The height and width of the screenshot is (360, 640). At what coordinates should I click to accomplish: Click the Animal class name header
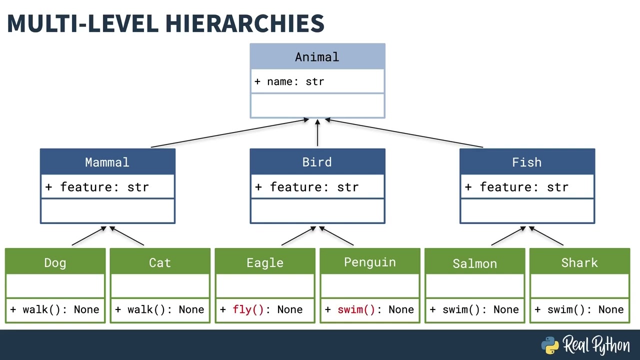tap(317, 57)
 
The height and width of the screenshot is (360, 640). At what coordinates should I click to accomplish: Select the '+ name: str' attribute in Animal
tap(289, 81)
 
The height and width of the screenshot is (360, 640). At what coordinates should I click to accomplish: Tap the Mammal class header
tap(107, 162)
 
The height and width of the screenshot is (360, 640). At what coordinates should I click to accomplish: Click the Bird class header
tap(317, 162)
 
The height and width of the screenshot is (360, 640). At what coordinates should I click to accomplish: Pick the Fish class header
tap(527, 162)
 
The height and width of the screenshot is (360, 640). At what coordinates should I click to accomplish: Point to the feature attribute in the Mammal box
tap(97, 187)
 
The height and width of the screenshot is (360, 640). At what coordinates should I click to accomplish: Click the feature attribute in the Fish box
tap(517, 187)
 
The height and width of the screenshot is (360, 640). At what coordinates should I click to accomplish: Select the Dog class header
tap(55, 262)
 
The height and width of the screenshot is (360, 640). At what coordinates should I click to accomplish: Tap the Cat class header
tap(160, 262)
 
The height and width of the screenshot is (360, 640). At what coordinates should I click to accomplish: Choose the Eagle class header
tap(265, 262)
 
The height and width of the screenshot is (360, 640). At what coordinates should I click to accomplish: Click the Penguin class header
tap(370, 262)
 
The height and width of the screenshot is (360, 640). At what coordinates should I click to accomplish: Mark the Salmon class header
tap(475, 263)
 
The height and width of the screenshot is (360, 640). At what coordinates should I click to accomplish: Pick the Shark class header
tap(579, 262)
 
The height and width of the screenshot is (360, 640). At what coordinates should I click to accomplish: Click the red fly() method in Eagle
tap(248, 309)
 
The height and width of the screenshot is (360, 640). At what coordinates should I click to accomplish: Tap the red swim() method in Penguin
tap(356, 309)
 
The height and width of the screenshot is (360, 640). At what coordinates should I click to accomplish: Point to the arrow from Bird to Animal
tap(317, 133)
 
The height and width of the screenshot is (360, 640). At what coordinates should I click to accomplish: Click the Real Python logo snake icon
tap(550, 345)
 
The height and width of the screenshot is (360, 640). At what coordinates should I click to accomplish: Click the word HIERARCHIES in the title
tap(244, 23)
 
